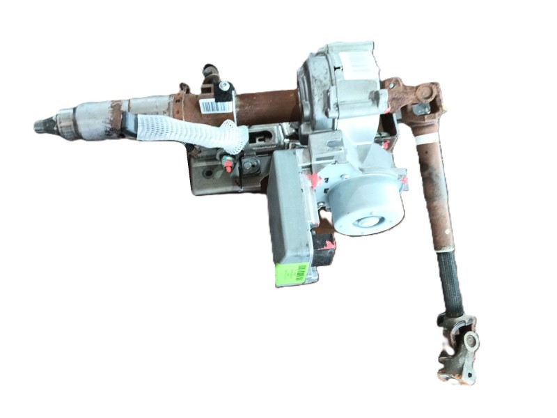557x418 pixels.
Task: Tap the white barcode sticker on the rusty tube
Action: (x=216, y=106)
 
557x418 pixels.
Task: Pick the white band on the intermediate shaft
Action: (x=425, y=138)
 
